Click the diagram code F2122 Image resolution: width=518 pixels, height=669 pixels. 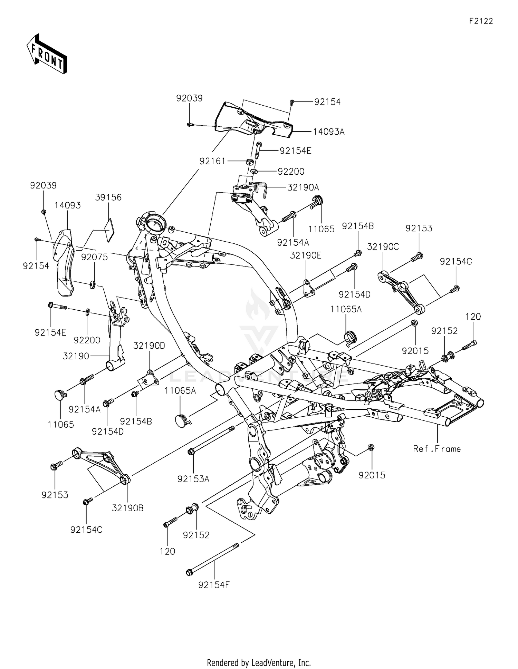click(481, 21)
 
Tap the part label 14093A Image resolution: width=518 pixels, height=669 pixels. click(329, 132)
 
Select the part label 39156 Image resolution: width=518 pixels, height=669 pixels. click(108, 197)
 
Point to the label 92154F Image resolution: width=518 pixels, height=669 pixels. click(214, 585)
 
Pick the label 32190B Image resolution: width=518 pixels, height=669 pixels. click(128, 508)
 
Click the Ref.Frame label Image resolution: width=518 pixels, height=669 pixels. click(437, 449)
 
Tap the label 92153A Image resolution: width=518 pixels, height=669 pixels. click(193, 479)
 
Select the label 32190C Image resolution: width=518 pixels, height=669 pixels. click(383, 247)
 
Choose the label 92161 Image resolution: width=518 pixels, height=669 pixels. click(212, 161)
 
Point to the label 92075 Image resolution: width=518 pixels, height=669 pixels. click(95, 257)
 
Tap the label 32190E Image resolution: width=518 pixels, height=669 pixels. click(306, 255)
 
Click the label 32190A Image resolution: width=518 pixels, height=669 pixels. click(303, 187)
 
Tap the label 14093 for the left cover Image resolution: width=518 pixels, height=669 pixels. click(67, 205)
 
